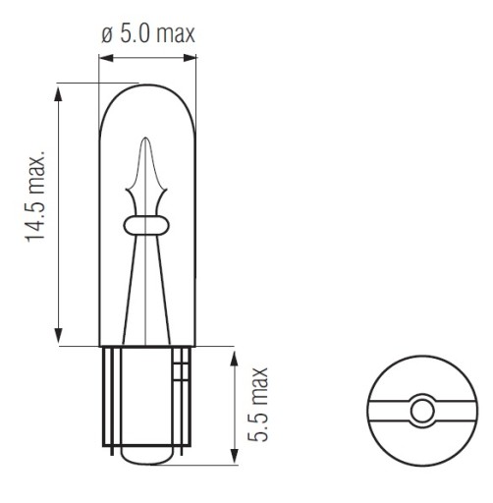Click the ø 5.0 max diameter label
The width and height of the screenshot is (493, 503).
pos(148,33)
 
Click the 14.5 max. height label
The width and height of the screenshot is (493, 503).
pos(35,196)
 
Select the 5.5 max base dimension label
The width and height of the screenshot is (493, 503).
pos(258,405)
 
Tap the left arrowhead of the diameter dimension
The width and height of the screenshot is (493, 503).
pos(106,58)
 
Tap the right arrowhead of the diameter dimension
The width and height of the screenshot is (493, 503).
pos(190,58)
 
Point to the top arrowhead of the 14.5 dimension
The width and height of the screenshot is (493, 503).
pos(59,94)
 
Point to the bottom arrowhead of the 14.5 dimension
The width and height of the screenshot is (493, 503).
pos(59,335)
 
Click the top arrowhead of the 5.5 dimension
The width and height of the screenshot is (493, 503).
pos(234,359)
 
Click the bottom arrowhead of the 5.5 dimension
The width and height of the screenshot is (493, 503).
pos(234,456)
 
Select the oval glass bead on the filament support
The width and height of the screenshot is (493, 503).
pos(145,225)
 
